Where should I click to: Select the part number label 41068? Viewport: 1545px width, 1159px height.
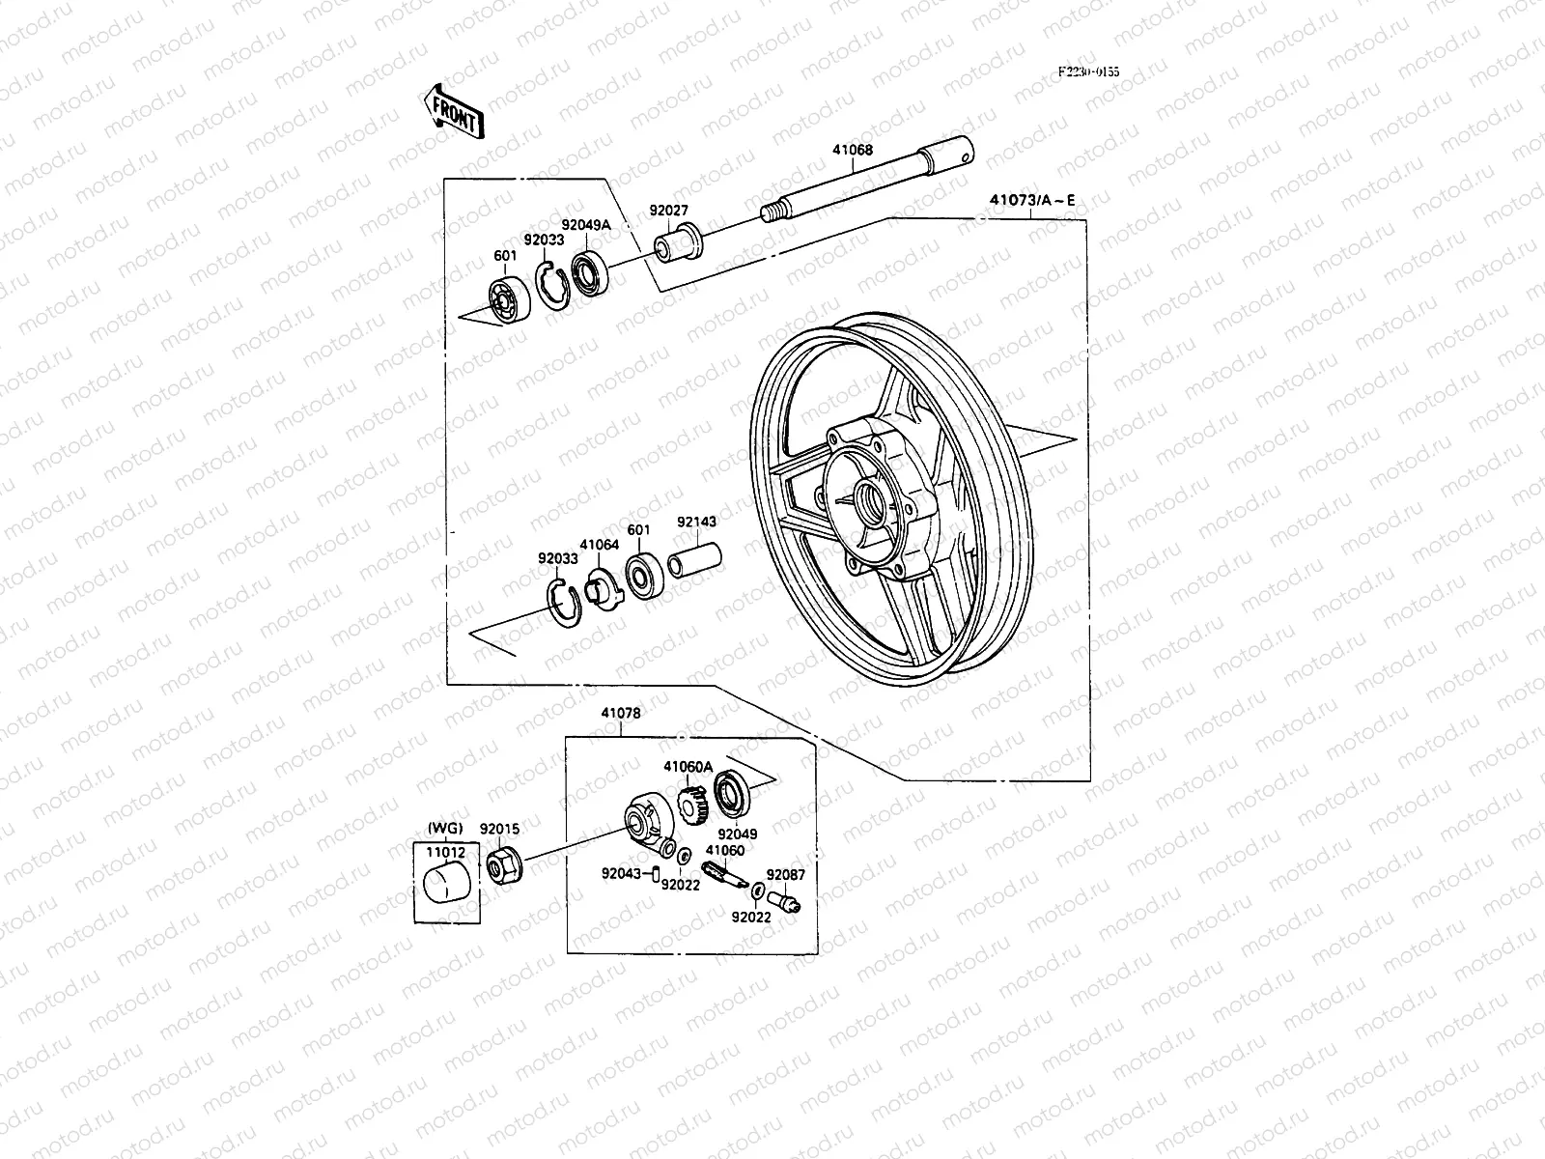(x=853, y=151)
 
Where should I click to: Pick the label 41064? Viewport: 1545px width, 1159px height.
(x=599, y=546)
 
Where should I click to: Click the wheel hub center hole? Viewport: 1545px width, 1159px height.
(x=874, y=502)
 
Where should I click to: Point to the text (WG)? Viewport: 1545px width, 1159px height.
(x=445, y=829)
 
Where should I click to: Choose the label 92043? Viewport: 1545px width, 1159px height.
(x=620, y=874)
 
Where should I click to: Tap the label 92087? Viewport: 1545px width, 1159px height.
(x=785, y=874)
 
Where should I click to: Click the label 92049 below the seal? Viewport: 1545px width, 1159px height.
(x=738, y=834)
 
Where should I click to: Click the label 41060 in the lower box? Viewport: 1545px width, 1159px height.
(x=724, y=851)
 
